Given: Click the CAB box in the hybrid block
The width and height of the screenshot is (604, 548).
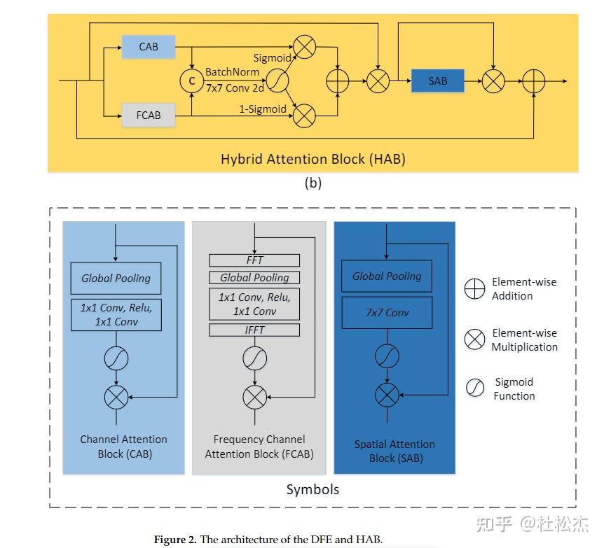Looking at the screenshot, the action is pyautogui.click(x=149, y=47).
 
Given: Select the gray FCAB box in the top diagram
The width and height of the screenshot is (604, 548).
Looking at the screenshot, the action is pyautogui.click(x=149, y=115).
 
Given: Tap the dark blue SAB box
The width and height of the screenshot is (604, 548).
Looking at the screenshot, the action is pyautogui.click(x=438, y=80).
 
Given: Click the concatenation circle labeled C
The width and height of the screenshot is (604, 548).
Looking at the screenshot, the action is pyautogui.click(x=192, y=80).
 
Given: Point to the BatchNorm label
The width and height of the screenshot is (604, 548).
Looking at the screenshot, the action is pyautogui.click(x=232, y=72).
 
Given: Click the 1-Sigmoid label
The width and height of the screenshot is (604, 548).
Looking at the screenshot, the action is pyautogui.click(x=263, y=109).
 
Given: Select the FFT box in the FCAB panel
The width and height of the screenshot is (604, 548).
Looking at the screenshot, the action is pyautogui.click(x=254, y=260).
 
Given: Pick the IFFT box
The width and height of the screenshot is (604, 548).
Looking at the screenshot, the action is pyautogui.click(x=254, y=330).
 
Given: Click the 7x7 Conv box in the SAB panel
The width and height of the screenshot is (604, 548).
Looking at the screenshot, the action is pyautogui.click(x=387, y=312).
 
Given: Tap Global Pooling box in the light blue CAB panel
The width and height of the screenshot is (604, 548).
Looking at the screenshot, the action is pyautogui.click(x=116, y=279).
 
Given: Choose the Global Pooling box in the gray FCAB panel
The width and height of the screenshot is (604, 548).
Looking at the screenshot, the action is pyautogui.click(x=254, y=277).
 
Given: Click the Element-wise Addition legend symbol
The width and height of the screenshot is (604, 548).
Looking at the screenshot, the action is pyautogui.click(x=474, y=289).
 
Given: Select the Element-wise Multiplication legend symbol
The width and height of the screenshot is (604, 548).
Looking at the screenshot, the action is pyautogui.click(x=474, y=339).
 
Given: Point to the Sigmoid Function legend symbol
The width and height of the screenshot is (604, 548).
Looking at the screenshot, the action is pyautogui.click(x=475, y=388).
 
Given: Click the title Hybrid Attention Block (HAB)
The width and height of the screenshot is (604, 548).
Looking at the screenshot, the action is pyautogui.click(x=313, y=159).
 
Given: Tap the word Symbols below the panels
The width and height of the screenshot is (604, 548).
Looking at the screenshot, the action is pyautogui.click(x=313, y=489).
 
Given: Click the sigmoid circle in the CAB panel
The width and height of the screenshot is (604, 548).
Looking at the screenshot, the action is pyautogui.click(x=116, y=358).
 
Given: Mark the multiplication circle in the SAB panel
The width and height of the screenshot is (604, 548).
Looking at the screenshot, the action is pyautogui.click(x=387, y=395).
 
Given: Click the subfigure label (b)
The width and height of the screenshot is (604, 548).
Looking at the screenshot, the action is pyautogui.click(x=313, y=183).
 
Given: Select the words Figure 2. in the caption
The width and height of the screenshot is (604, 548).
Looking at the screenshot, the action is pyautogui.click(x=176, y=540).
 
